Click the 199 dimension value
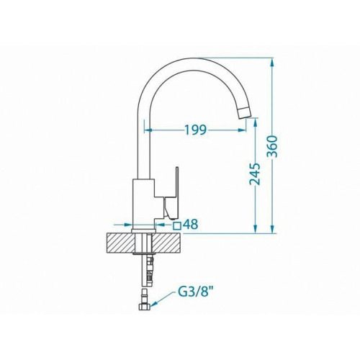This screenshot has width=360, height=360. (195, 130)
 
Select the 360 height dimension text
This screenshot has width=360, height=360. (272, 146)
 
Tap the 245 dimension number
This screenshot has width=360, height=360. (255, 174)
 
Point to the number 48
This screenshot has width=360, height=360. (191, 225)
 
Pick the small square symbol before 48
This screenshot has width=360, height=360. (177, 226)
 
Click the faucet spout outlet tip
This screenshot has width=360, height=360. (245, 112)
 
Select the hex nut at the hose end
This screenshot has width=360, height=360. (145, 307)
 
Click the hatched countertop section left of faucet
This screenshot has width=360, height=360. (120, 243)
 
